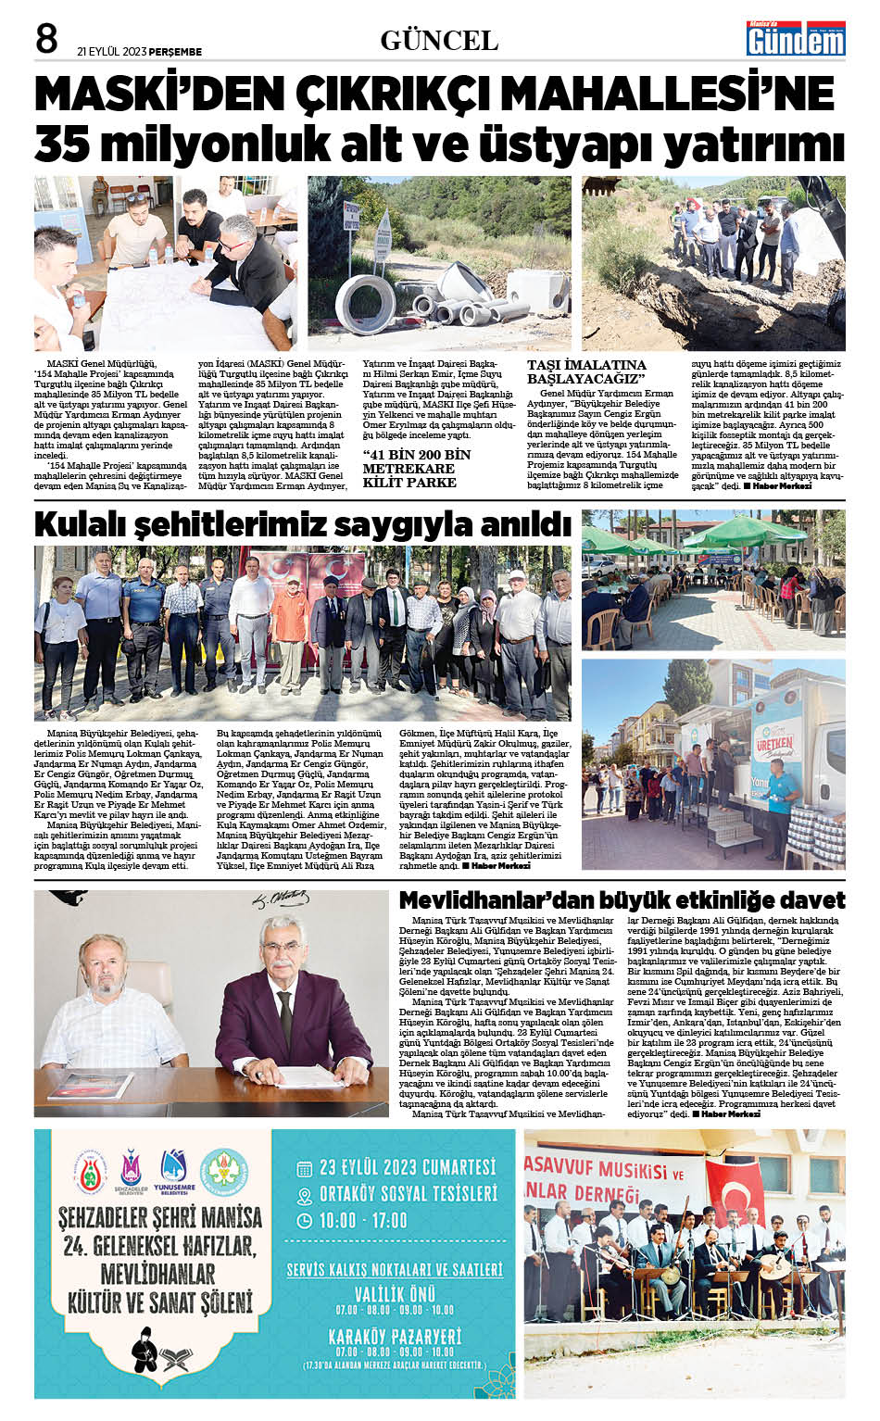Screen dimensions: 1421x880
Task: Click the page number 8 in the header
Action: pos(46,39)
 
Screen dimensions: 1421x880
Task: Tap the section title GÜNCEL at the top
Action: pos(439,41)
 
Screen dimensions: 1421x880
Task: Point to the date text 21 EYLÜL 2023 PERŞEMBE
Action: pos(139,52)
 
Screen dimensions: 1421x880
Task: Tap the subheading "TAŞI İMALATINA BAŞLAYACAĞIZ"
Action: pos(586,371)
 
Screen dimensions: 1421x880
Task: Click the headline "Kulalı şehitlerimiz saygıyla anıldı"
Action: pos(302,525)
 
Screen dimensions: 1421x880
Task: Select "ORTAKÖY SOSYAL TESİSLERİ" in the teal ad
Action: pos(408,1194)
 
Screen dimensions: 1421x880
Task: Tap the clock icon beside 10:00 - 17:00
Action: pos(305,1221)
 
